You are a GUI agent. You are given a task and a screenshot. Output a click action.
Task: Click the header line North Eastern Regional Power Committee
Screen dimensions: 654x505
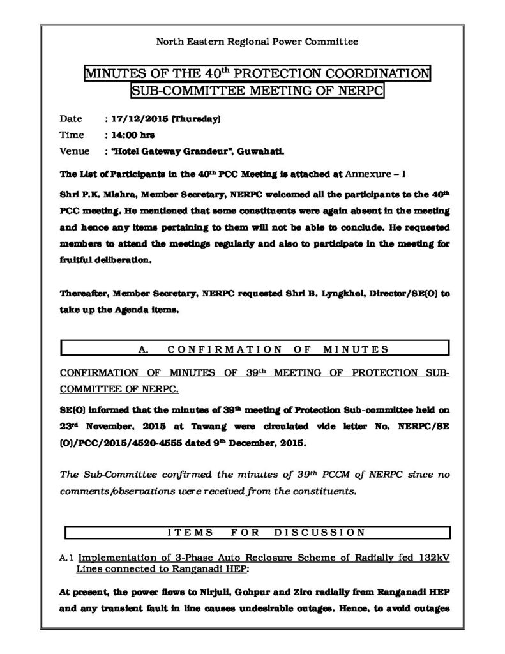257,42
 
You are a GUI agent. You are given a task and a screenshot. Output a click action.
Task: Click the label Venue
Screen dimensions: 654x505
73,152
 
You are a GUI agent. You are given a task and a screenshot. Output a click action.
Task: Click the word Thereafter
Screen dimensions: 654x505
85,294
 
